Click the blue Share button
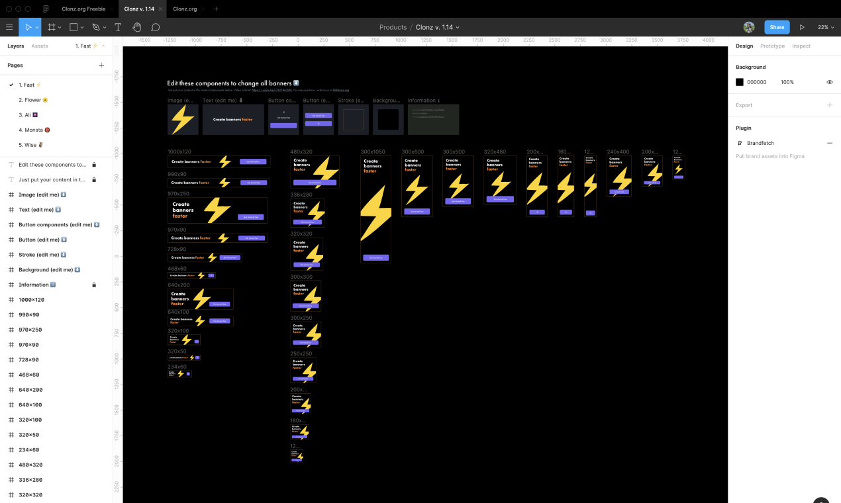[x=777, y=27]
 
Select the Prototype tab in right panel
[x=772, y=46]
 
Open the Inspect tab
[x=801, y=46]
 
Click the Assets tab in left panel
[x=40, y=46]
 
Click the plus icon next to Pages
[x=101, y=66]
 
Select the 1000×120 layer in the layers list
[x=31, y=300]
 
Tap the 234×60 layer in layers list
[x=28, y=450]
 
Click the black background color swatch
[x=740, y=82]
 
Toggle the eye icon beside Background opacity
[x=829, y=82]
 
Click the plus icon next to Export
[x=829, y=105]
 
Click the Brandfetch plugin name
[x=760, y=143]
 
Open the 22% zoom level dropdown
[x=826, y=27]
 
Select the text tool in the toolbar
[x=118, y=27]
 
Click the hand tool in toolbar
[x=136, y=27]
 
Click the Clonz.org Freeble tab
[x=83, y=9]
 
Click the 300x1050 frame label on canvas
[x=373, y=152]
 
